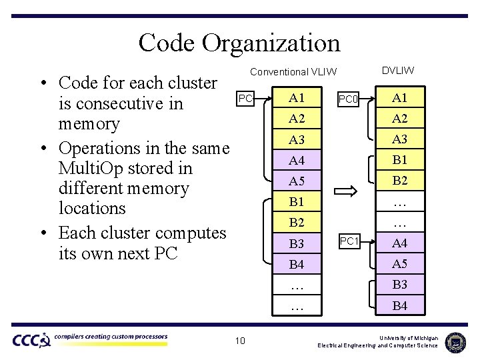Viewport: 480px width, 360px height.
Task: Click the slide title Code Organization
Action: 239,43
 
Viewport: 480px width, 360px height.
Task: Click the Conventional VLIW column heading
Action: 293,71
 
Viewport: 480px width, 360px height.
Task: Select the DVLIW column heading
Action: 398,70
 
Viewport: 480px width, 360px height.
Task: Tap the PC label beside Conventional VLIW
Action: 245,99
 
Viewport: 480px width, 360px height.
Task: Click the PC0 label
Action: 349,100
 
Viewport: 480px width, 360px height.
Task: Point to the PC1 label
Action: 349,241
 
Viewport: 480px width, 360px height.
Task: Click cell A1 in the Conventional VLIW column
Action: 297,98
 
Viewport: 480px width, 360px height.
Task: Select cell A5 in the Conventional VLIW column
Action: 297,181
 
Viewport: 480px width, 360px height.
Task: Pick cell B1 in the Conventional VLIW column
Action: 297,202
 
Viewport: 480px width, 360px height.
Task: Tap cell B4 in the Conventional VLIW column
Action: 297,265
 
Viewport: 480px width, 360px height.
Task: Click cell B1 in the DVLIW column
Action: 399,160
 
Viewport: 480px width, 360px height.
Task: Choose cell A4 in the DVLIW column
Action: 399,243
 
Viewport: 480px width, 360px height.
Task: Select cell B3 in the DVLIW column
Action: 399,285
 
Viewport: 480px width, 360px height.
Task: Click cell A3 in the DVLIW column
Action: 399,139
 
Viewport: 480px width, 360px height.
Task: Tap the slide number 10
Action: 240,341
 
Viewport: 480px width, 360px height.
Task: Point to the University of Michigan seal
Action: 455,341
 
